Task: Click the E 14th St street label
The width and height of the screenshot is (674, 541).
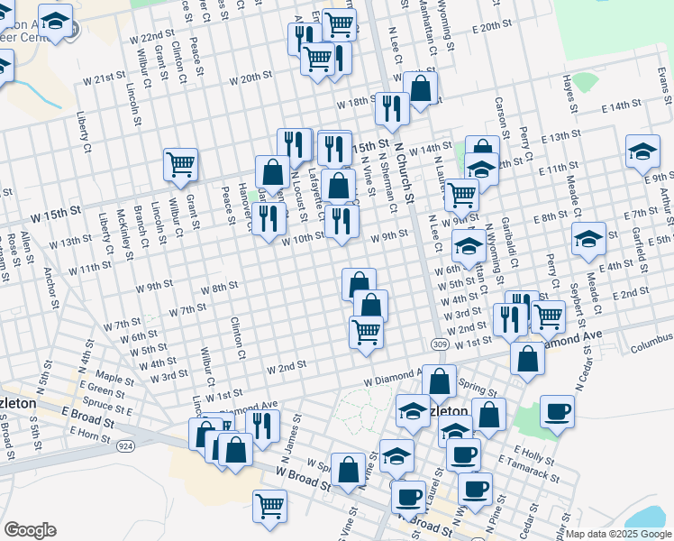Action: [x=620, y=106]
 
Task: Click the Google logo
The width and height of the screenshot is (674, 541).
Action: [x=30, y=530]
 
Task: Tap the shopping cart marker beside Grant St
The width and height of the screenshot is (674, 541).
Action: [x=181, y=163]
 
